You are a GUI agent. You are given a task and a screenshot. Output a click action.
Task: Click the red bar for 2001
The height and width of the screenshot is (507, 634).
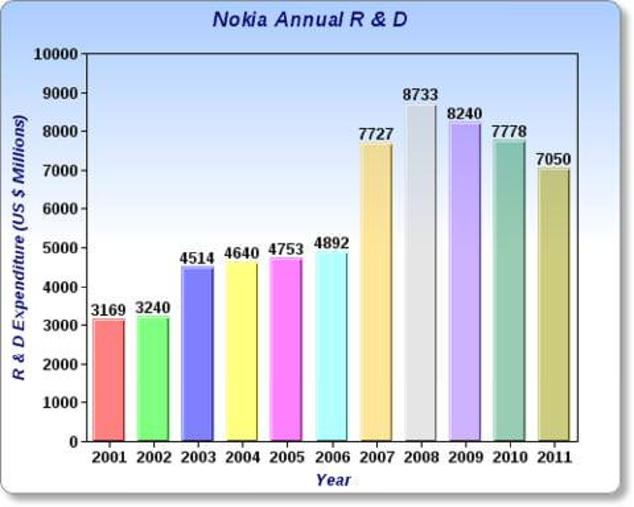pos(109,380)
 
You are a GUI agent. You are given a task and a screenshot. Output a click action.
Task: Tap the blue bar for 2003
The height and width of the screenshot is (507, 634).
pos(197,353)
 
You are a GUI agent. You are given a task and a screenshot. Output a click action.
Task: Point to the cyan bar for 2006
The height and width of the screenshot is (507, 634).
pos(331,347)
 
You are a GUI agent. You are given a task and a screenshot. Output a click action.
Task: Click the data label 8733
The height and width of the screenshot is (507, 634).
pos(420,95)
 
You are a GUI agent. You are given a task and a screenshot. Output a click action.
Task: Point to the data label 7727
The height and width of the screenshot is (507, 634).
pos(376,134)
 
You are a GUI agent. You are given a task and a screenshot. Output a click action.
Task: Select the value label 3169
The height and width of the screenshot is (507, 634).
pos(109,310)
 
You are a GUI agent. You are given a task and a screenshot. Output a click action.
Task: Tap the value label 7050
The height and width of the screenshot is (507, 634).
pos(553,159)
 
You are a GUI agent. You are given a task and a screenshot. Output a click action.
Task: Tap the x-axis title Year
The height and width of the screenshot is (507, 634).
pos(334,480)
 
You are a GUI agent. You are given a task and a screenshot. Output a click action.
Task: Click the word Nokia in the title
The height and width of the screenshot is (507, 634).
pos(240,20)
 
